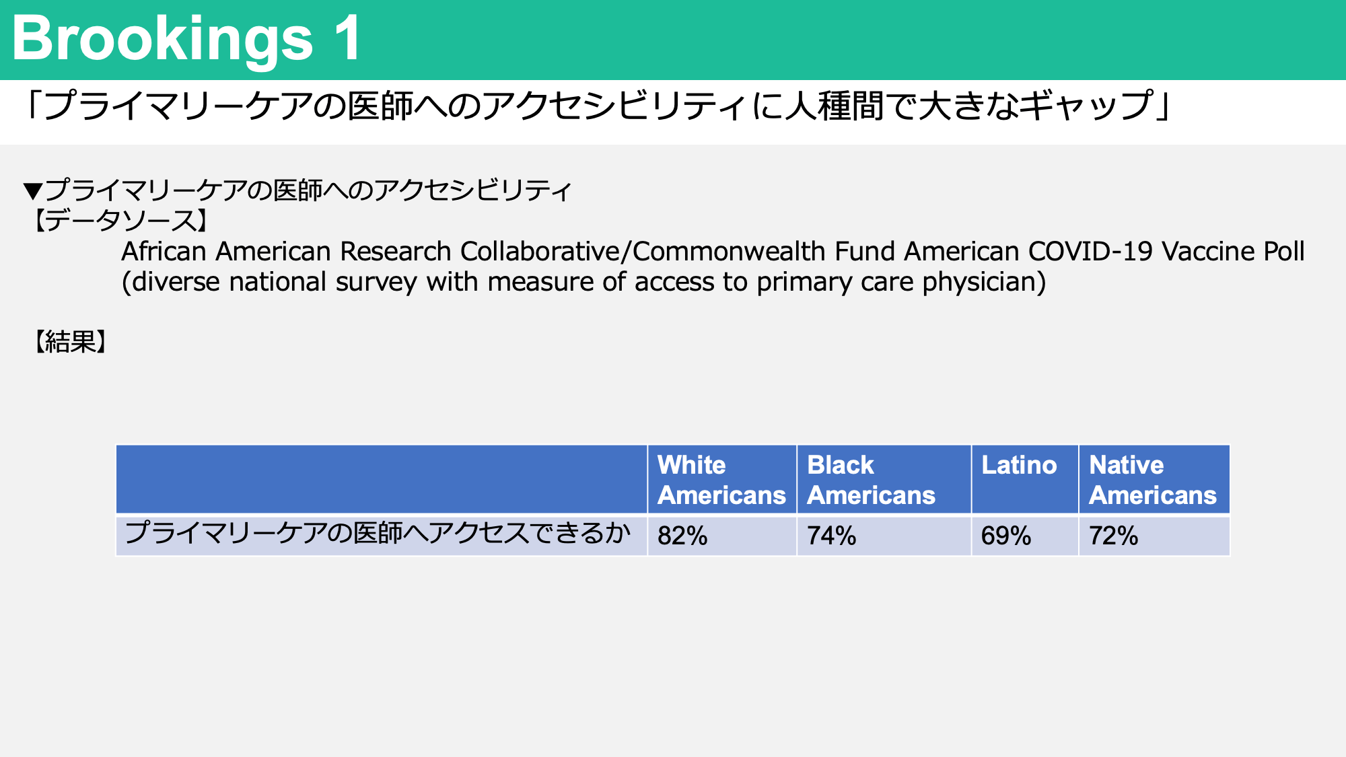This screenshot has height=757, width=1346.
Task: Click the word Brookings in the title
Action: [x=162, y=40]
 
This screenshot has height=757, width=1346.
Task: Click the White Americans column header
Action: [x=721, y=480]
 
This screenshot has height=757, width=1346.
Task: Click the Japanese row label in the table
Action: [x=378, y=533]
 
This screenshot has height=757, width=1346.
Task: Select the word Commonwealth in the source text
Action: [x=730, y=252]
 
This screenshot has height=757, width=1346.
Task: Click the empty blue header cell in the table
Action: [x=382, y=479]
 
